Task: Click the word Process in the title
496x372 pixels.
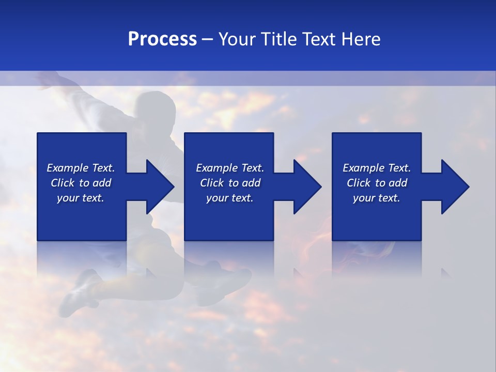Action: point(162,39)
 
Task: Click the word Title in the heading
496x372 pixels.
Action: point(277,39)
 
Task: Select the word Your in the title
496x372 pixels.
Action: point(237,39)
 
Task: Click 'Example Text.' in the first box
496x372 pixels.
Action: point(81,168)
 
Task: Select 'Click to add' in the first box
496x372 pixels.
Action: point(81,183)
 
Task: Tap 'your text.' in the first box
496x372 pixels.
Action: point(81,198)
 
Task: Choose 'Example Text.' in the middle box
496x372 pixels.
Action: point(230,168)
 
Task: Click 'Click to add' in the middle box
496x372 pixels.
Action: point(230,183)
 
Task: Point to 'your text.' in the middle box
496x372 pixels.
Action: point(230,198)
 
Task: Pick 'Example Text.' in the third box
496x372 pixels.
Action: point(377,168)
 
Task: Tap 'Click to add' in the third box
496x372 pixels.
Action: point(377,183)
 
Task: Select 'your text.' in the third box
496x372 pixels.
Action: point(377,198)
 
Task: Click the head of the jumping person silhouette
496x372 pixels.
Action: point(153,106)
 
